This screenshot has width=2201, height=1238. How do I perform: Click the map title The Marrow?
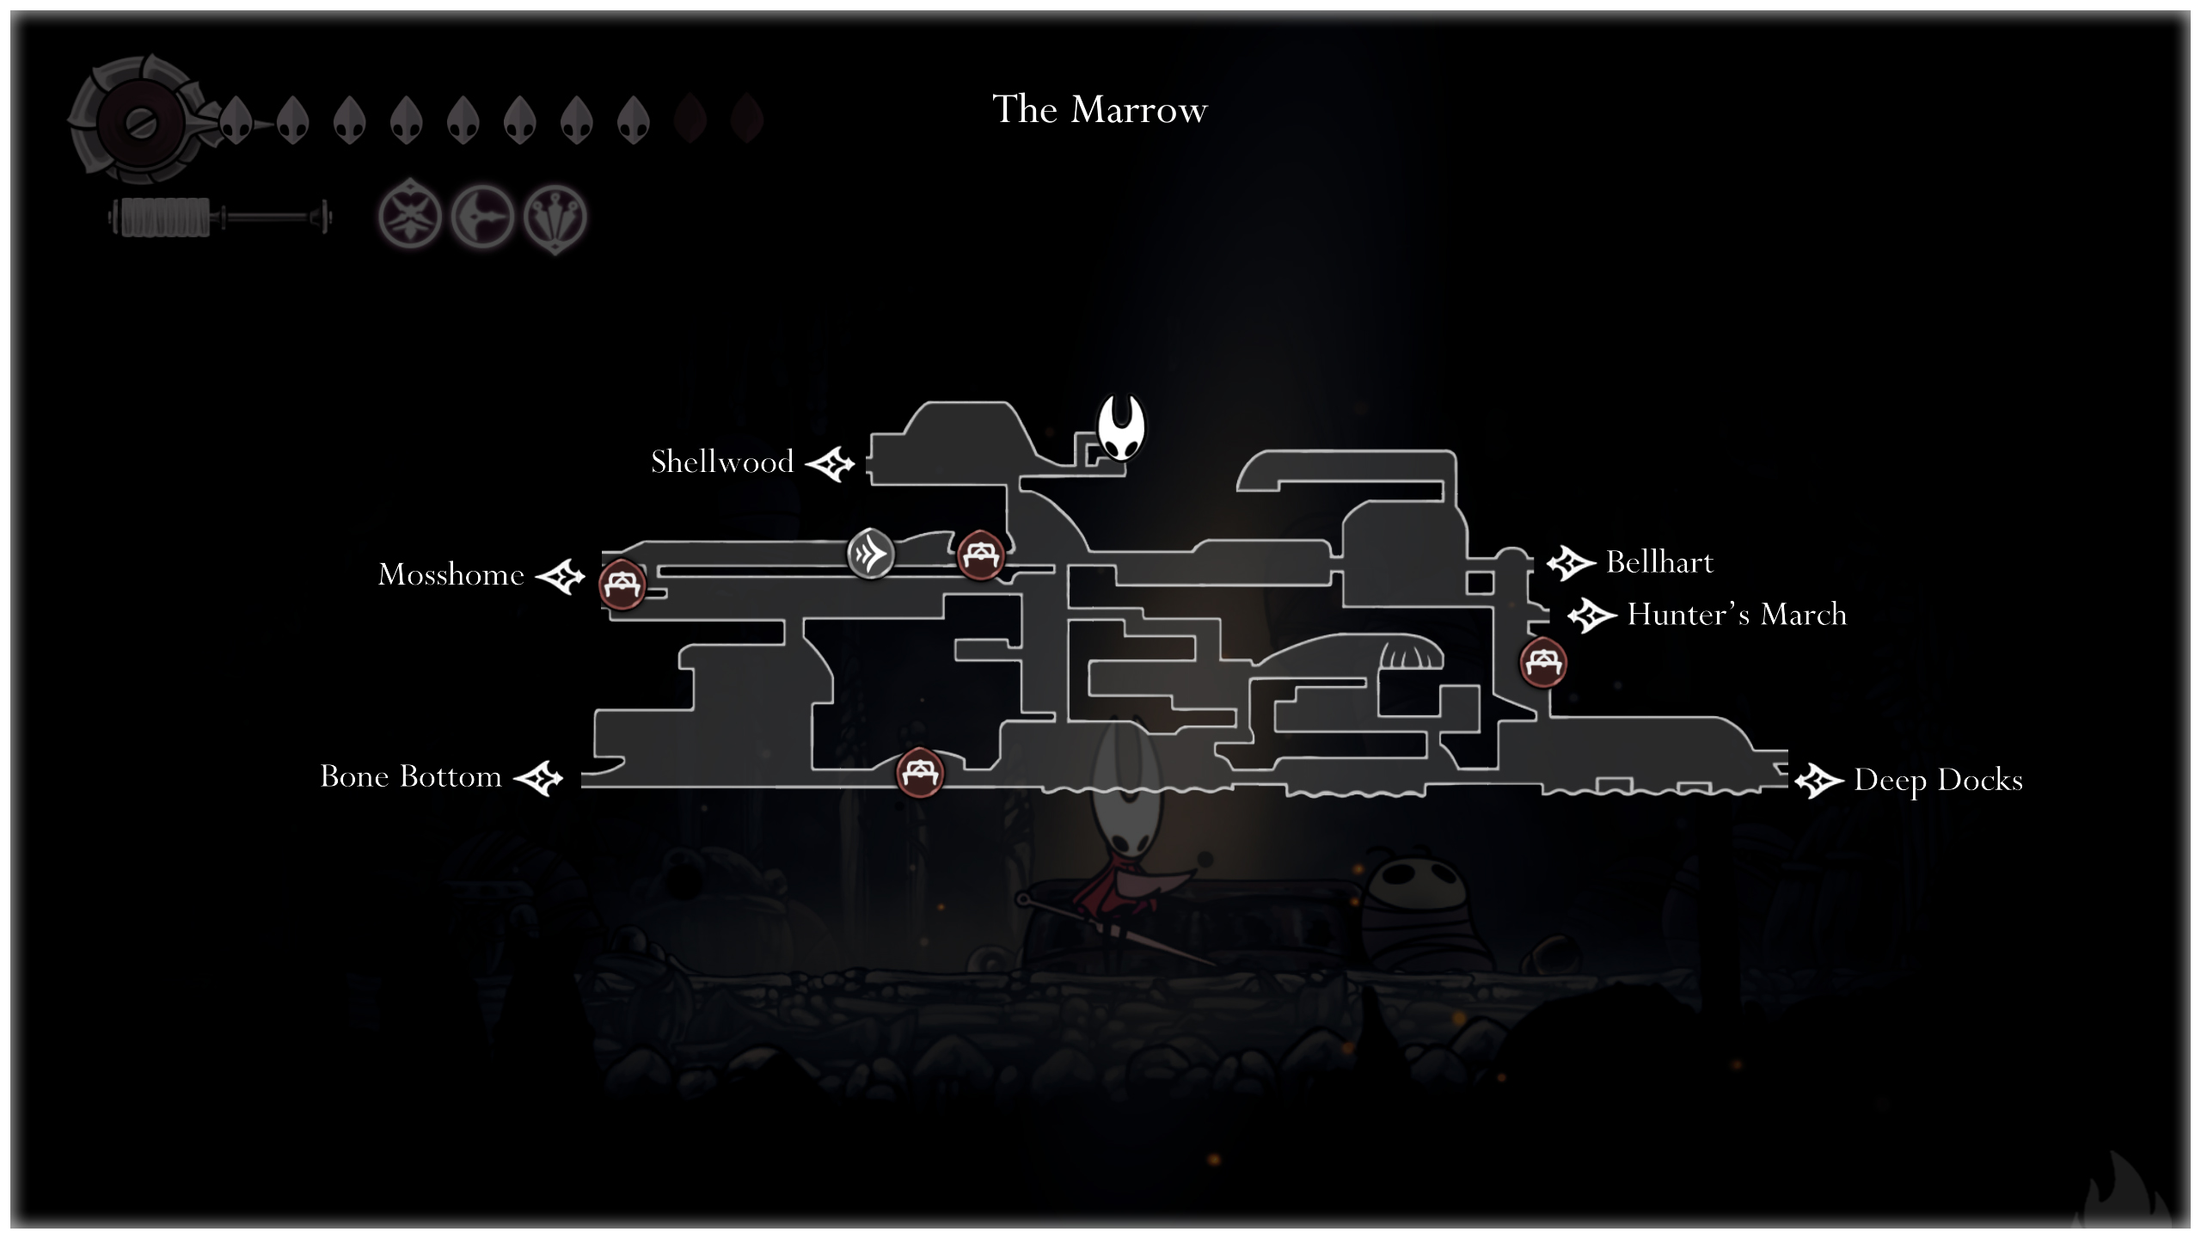1100,109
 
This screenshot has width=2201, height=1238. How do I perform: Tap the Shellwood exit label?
722,462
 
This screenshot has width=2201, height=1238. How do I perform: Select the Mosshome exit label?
451,574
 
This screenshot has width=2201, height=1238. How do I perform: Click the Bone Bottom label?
410,776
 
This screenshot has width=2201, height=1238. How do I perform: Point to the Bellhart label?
1659,562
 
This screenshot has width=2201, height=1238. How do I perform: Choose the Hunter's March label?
1737,614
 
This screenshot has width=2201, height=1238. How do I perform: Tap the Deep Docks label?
1938,780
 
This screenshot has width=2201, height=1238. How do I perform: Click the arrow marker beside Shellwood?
830,464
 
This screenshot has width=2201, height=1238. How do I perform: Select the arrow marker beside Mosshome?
560,576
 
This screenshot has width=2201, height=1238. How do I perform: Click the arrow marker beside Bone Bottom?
538,779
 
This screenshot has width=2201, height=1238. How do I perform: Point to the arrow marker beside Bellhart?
1571,564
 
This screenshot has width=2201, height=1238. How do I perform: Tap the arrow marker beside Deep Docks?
1819,781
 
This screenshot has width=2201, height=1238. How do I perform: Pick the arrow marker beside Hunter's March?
1592,616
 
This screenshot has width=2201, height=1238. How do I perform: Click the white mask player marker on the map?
1121,427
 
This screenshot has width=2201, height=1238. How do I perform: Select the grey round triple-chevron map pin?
870,554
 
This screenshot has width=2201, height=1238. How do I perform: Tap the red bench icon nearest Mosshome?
622,585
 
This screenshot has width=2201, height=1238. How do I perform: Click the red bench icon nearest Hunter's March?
1543,663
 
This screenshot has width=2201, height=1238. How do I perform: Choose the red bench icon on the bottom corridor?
920,772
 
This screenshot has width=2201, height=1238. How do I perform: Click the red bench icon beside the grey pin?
980,555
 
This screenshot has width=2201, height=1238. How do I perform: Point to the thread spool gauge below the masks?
220,217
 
